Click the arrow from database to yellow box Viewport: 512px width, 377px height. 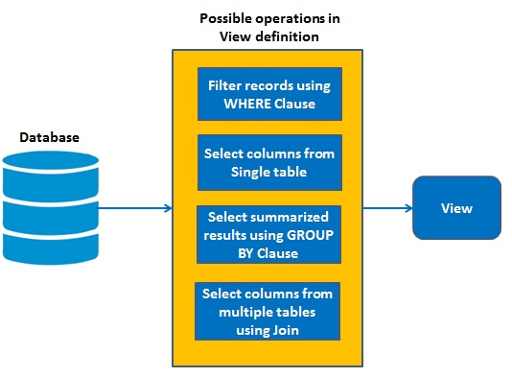tap(134, 207)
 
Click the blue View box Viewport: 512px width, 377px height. tap(455, 207)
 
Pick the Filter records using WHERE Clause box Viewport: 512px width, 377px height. tap(268, 92)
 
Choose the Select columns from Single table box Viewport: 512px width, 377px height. tap(268, 162)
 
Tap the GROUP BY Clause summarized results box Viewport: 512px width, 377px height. tap(268, 233)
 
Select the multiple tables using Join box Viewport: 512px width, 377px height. tap(268, 310)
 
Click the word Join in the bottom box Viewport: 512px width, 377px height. tap(289, 328)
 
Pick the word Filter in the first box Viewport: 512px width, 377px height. tap(224, 84)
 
